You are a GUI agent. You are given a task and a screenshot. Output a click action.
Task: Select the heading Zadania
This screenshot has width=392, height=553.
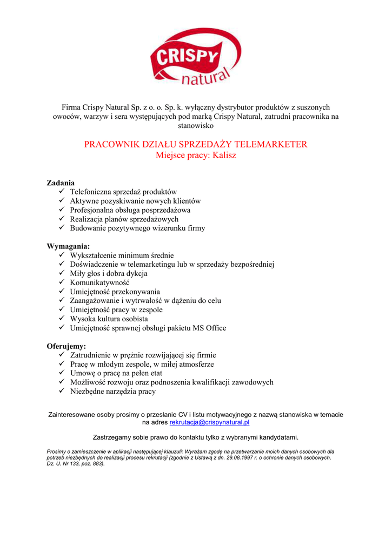pyautogui.click(x=61, y=183)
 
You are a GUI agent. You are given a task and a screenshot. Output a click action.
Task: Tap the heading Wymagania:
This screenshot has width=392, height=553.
pyautogui.click(x=68, y=246)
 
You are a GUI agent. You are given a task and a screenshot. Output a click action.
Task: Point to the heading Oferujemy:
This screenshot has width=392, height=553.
pyautogui.click(x=67, y=346)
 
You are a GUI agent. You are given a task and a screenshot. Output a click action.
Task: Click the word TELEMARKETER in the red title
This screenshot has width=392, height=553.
pyautogui.click(x=273, y=144)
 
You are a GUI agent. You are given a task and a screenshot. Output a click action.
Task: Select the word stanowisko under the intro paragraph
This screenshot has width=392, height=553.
pyautogui.click(x=196, y=126)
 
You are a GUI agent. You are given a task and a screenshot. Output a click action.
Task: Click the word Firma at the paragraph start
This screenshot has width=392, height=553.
pyautogui.click(x=72, y=107)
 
